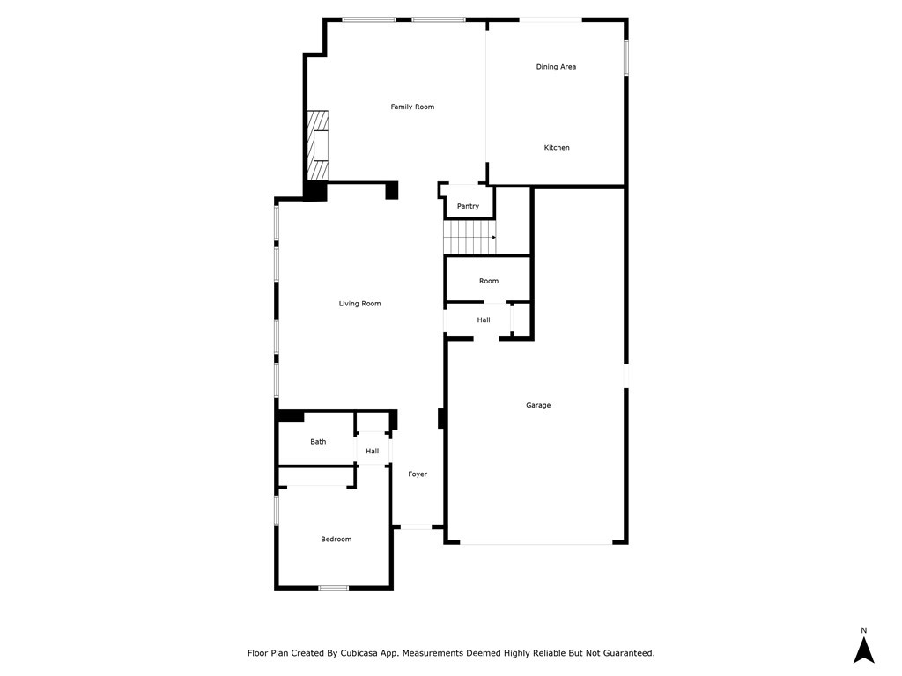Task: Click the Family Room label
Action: pos(412,107)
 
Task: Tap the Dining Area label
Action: pos(556,67)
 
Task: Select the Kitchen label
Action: pos(557,148)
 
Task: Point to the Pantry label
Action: pos(468,206)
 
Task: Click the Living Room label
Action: pos(359,304)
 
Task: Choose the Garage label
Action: pos(538,405)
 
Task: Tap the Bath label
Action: pos(318,442)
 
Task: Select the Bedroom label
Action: pos(336,540)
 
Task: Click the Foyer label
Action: pos(418,474)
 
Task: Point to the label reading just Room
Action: pos(489,281)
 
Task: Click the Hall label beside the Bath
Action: pos(373,452)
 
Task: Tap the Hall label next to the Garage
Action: pos(484,320)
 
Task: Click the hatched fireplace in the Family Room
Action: pos(317,145)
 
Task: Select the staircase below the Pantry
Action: pos(469,237)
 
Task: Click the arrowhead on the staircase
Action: pos(493,237)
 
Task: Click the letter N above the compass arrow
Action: pos(863,630)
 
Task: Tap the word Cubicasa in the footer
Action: pos(359,653)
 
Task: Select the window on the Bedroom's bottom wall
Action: pos(334,587)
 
